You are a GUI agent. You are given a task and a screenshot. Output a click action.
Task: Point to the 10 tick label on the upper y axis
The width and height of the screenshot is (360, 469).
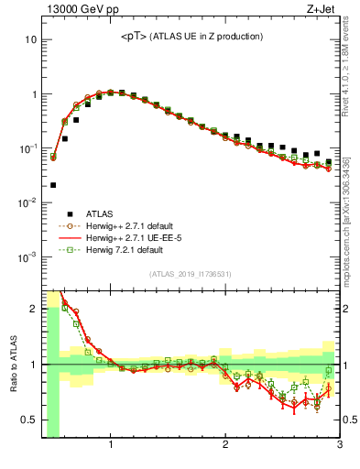pos(31,40)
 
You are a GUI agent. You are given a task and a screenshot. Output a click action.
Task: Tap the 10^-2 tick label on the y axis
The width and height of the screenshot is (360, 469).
pos(27,202)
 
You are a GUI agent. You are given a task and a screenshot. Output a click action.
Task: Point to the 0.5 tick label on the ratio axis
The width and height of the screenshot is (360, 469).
pos(27,420)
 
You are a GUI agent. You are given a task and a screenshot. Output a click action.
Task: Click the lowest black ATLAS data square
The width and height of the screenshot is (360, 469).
pos(53,185)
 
